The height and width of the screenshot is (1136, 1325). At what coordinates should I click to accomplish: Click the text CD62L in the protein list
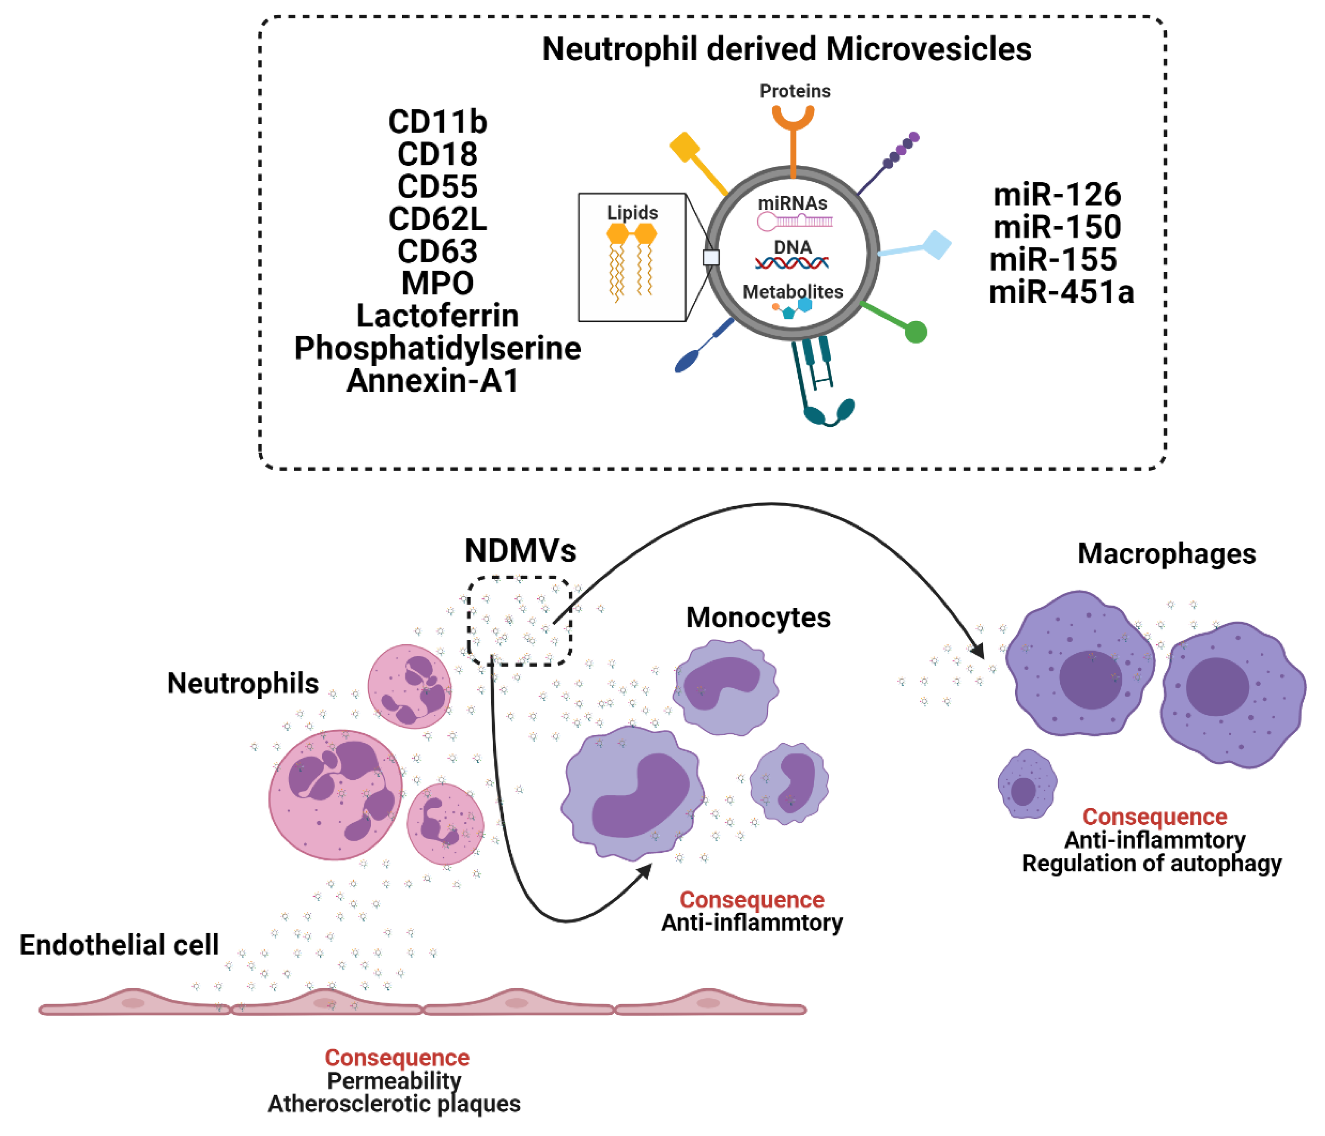437,219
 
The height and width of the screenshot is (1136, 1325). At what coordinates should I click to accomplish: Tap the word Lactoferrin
437,316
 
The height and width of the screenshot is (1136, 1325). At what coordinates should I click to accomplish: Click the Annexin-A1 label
432,381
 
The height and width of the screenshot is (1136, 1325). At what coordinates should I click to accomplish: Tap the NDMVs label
520,551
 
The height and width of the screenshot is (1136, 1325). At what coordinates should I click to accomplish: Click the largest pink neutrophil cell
335,794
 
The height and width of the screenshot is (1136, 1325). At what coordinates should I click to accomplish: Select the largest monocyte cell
633,793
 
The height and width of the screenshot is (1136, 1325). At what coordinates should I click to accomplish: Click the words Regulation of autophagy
1151,864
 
